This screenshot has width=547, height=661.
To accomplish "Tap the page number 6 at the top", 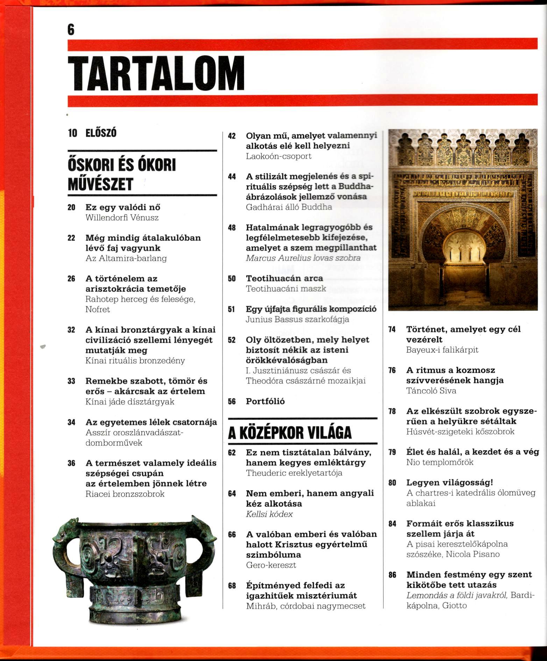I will tap(71, 31).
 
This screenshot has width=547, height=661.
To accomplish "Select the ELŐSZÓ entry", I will tap(101, 133).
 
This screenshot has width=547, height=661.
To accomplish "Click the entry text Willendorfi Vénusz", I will tap(122, 218).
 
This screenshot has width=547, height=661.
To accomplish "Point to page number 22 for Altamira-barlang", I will tap(71, 238).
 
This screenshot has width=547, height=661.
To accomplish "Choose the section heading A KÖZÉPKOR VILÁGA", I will tap(290, 433).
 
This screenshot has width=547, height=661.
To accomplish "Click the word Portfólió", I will tap(265, 401).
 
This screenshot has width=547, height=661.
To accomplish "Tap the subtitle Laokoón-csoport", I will tap(278, 156).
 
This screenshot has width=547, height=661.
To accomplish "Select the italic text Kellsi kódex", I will tap(269, 514).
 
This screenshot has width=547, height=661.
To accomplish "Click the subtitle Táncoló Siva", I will tap(431, 391).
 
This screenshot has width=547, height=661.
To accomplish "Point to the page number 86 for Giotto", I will tap(392, 575).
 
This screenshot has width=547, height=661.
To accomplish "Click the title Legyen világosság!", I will tap(449, 483).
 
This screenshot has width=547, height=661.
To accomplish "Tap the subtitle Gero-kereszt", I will tap(271, 565).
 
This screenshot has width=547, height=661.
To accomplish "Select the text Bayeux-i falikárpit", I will tap(442, 350).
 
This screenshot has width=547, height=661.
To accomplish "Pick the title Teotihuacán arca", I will tap(284, 279).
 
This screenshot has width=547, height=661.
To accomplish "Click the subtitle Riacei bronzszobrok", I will tap(125, 494).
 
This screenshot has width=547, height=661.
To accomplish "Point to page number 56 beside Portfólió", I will tap(232, 402).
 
